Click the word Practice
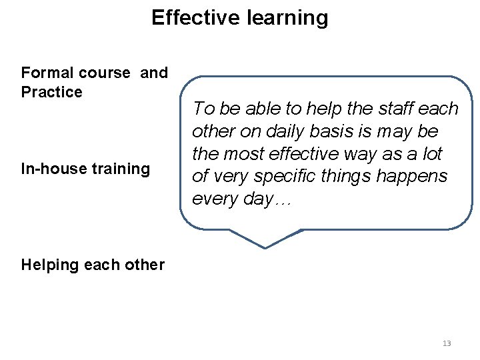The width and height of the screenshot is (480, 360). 52,92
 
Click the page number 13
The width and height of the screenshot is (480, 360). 447,343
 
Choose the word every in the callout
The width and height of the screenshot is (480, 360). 212,199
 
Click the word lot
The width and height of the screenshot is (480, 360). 433,154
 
